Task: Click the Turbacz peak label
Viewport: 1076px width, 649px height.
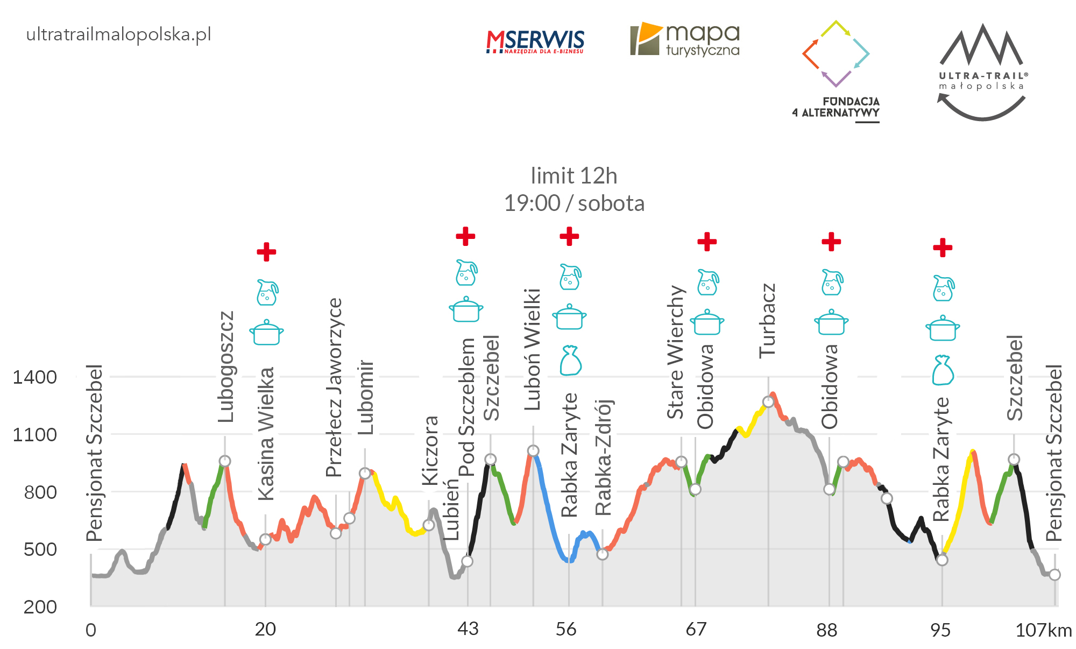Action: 768,321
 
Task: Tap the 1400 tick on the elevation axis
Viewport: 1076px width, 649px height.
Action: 34,377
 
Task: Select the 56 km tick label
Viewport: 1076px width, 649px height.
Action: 566,629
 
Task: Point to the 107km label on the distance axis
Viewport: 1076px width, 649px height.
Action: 1043,630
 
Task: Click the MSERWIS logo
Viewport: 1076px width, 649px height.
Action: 535,41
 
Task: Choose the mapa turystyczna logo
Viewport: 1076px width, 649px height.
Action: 685,39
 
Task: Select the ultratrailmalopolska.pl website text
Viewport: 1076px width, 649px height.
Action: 118,34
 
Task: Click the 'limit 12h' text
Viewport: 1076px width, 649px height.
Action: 574,176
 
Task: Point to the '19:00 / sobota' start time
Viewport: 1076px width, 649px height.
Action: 574,203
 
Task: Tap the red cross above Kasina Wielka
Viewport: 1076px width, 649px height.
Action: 266,251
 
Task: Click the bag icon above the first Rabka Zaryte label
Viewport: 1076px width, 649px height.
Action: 570,360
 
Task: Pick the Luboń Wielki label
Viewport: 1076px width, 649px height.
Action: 533,349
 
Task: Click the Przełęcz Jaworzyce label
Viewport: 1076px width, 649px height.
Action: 335,387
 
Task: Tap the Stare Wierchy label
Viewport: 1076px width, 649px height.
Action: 676,352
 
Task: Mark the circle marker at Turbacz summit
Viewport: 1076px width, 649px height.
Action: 768,402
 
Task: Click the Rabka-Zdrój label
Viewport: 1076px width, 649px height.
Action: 604,457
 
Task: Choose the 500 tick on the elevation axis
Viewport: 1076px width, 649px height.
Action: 40,549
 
